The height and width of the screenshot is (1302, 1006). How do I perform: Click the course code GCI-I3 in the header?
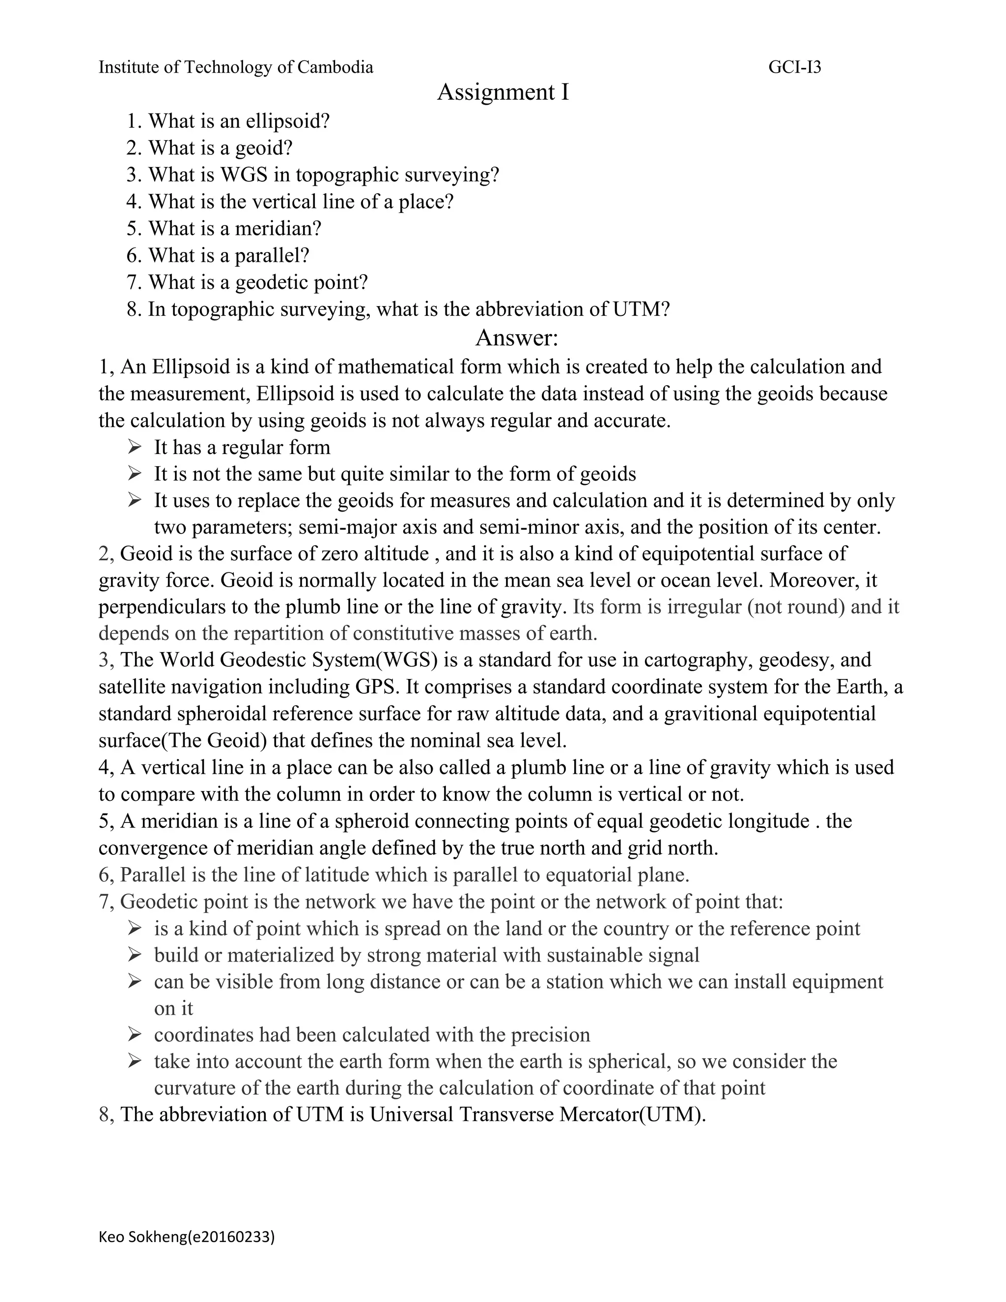coord(794,67)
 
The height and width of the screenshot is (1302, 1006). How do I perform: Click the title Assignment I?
coord(503,92)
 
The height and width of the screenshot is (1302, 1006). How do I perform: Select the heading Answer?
coord(516,338)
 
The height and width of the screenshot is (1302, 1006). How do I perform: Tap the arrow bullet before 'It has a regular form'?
coord(134,447)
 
